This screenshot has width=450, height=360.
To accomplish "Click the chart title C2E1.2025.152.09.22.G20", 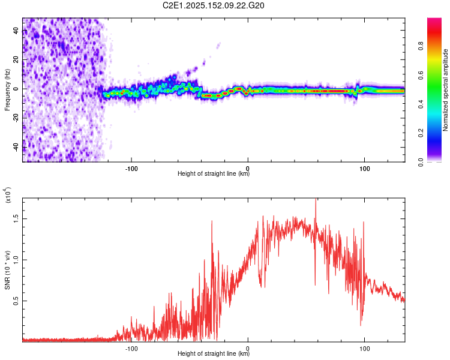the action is click(213, 5).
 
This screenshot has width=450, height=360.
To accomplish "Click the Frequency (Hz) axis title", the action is click(7, 90).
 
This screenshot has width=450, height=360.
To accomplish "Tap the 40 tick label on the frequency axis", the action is click(16, 30).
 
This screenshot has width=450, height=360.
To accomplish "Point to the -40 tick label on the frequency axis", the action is click(16, 147).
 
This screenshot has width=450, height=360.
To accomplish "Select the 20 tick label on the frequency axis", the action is click(16, 59).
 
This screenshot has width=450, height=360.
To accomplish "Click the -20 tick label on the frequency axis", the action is click(16, 118).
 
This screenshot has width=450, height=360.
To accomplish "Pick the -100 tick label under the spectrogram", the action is click(131, 169).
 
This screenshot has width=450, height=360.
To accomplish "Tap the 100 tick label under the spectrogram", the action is click(364, 169).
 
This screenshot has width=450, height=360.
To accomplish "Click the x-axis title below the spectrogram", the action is click(214, 173).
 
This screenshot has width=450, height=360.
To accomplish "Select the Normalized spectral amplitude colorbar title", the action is click(445, 90).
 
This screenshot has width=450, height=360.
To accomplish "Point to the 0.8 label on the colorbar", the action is click(421, 46).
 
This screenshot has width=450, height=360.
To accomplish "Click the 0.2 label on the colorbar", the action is click(421, 133).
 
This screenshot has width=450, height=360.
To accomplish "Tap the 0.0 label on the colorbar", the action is click(421, 162).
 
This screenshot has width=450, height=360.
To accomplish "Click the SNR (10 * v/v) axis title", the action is click(7, 270).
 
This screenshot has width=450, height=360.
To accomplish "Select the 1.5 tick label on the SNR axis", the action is click(16, 218).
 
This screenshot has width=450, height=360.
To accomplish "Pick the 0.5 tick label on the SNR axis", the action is click(16, 301).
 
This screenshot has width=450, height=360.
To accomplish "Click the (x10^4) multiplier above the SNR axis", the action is click(8, 195).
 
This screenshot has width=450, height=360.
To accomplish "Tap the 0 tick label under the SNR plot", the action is click(248, 349).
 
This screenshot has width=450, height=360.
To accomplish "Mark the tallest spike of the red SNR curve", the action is click(316, 199).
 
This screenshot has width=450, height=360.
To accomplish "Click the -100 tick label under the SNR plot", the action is click(131, 349).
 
